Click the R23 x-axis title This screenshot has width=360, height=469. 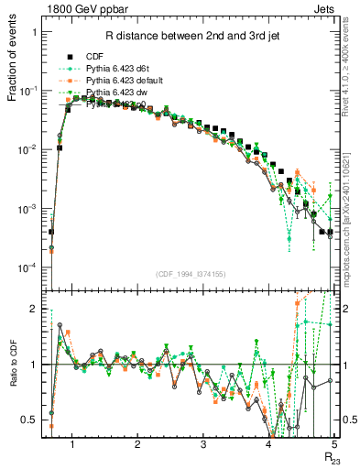click(332, 460)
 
